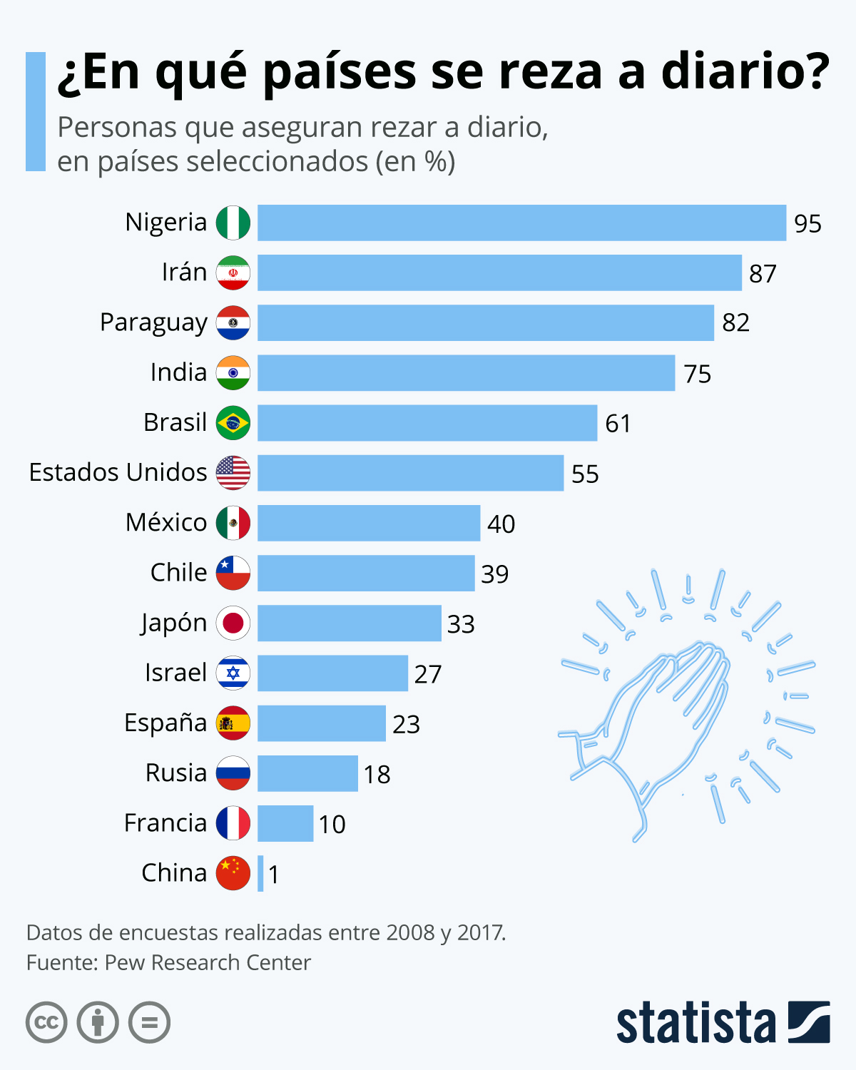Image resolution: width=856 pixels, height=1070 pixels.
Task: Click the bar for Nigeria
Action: (x=521, y=223)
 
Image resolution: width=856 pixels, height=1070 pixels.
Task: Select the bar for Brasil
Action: (x=427, y=423)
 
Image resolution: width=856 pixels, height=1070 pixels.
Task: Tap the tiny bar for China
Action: (x=260, y=873)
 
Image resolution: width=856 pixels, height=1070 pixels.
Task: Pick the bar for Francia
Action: (x=285, y=823)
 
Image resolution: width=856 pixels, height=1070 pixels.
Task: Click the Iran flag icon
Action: (x=233, y=272)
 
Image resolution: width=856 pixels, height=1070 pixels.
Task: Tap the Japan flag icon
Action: (x=233, y=623)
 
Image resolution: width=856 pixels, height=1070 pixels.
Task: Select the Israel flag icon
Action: (x=233, y=673)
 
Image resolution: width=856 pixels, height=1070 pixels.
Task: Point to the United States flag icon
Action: (x=233, y=473)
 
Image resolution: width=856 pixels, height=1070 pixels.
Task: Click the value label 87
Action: (x=763, y=273)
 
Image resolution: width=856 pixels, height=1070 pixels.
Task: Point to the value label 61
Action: (x=618, y=424)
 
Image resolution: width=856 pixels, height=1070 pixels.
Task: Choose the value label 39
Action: (x=494, y=574)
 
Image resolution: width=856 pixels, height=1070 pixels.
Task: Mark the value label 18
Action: (x=377, y=774)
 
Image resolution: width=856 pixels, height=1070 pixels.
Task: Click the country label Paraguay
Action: (x=153, y=323)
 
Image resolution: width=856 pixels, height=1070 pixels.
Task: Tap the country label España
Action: (x=165, y=723)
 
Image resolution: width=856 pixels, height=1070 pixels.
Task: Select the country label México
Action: (x=166, y=522)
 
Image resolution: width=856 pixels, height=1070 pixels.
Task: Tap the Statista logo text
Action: (x=695, y=1023)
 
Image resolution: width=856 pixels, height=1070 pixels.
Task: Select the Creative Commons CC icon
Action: (x=46, y=1022)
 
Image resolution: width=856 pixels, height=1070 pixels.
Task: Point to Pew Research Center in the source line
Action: (x=208, y=962)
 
